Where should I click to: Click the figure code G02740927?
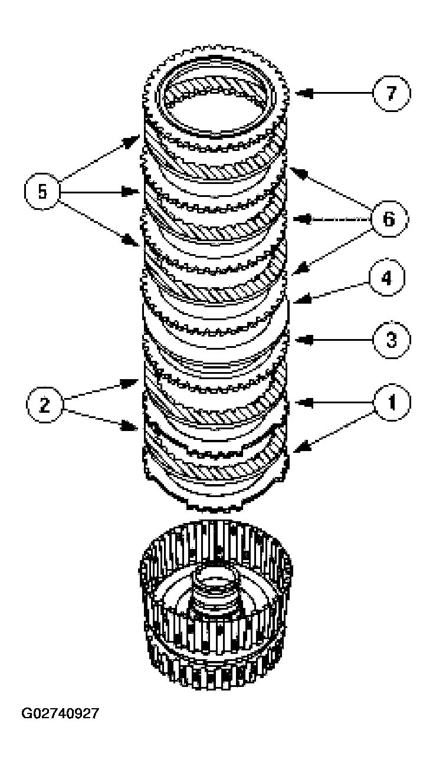click(x=61, y=713)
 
